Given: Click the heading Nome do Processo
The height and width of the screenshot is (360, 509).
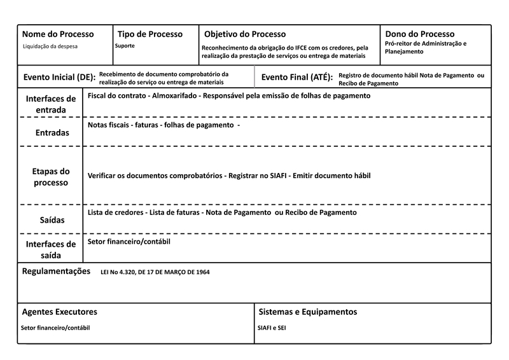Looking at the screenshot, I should pos(58,34).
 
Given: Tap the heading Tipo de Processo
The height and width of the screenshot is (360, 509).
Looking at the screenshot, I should pos(150,34).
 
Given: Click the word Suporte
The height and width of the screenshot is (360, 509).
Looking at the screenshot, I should pos(125,46).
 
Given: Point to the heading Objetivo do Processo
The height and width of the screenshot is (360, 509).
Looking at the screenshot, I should pos(245,34).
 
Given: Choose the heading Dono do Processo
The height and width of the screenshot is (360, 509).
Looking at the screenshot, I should pos(420,34).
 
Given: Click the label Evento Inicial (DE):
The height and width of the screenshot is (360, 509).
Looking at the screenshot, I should pos(59,78).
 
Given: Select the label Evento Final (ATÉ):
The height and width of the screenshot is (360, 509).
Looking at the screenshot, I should pos(297,78).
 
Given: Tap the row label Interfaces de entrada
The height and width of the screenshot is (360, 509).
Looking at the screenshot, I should pos(50,104).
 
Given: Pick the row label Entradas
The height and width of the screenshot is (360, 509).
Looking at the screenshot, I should pos(50,132).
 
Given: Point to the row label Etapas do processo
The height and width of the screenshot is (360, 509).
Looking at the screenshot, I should pos(50,177).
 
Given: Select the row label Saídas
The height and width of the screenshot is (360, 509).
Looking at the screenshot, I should pos(50,219).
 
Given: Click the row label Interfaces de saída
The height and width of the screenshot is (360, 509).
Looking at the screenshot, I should pos(50,249).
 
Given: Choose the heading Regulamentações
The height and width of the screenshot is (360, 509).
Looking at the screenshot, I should pos(57,272).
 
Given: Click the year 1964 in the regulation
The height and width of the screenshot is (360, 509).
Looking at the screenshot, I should pos(202,272).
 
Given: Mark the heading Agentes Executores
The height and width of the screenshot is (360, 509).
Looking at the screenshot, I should pos(59,312).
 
